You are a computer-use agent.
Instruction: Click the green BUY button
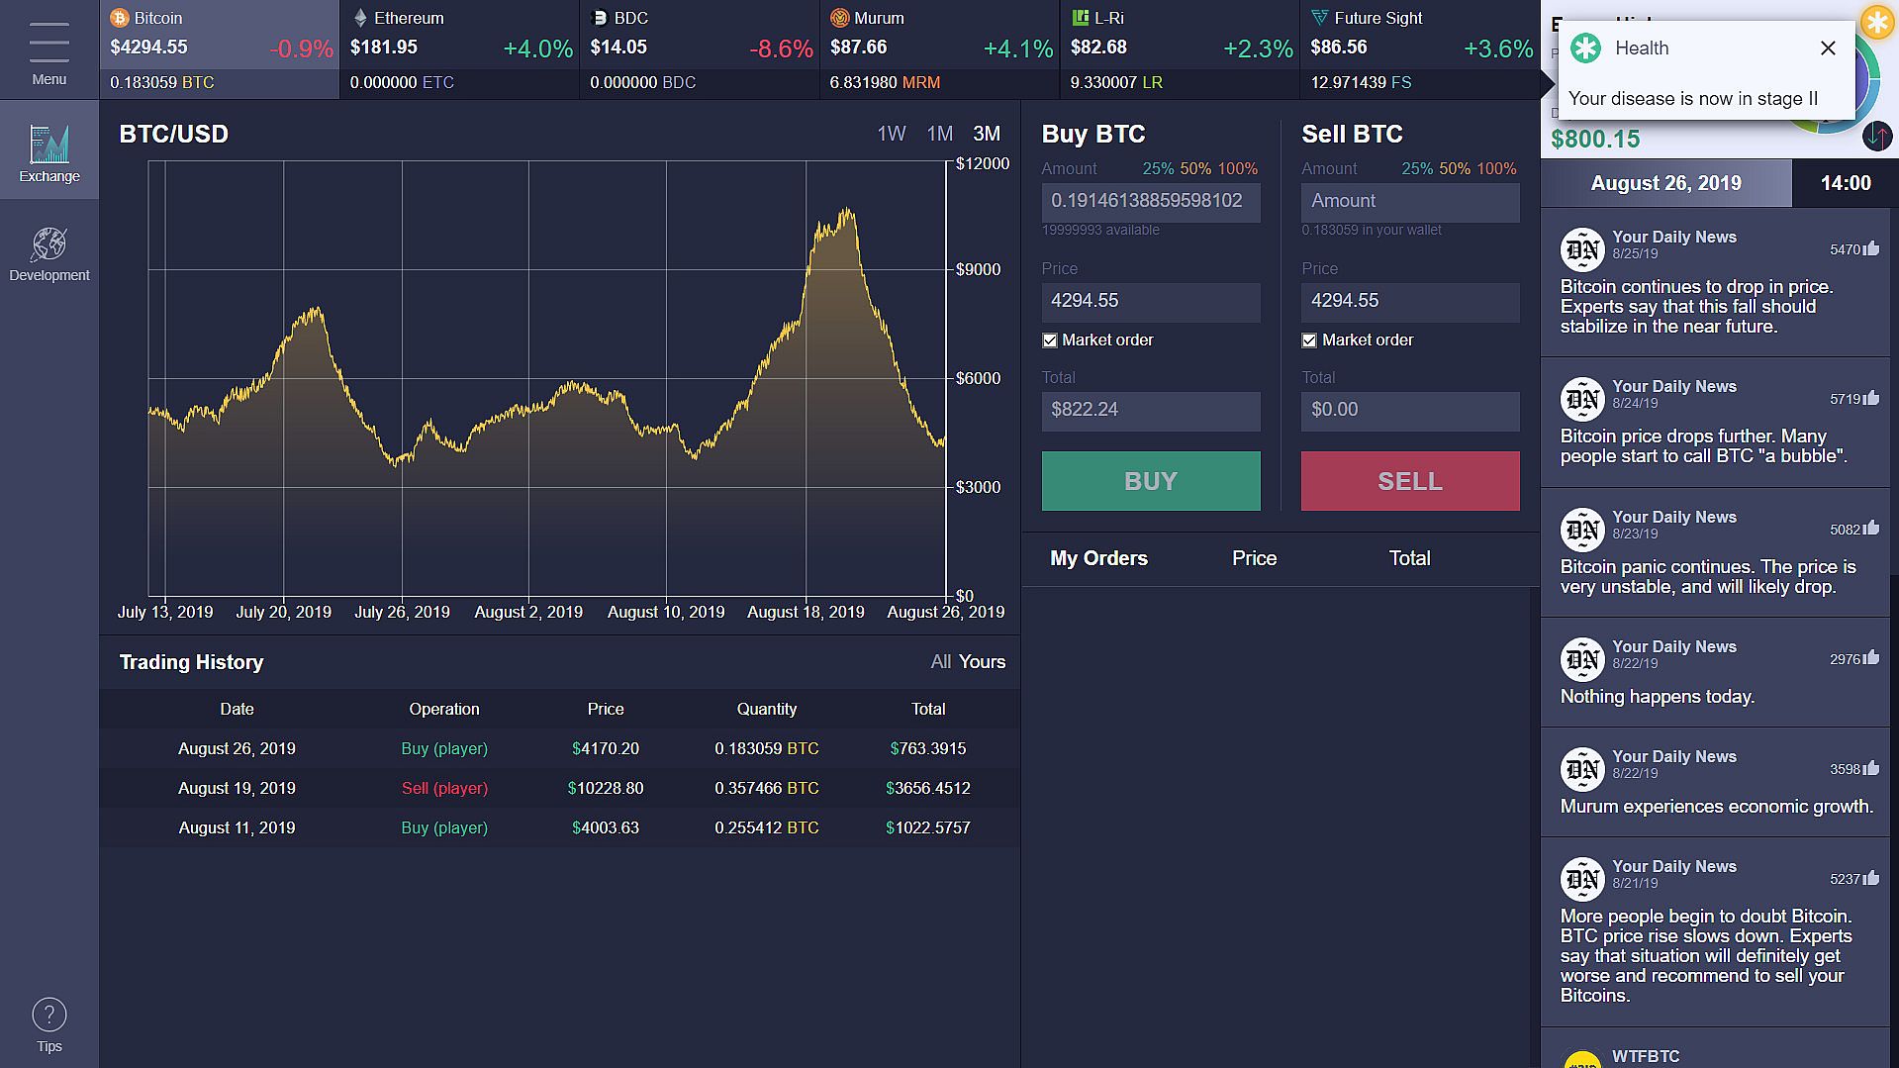1150,481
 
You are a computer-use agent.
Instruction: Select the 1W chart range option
891,134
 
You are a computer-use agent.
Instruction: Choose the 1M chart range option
939,134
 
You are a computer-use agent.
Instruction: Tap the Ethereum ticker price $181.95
384,48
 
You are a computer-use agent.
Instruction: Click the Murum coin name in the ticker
879,18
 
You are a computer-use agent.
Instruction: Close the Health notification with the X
1828,49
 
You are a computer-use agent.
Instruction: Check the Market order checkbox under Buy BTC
1050,340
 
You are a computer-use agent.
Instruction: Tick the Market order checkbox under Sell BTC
1309,340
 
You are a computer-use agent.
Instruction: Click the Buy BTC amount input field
1150,202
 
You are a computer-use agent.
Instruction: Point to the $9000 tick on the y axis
978,269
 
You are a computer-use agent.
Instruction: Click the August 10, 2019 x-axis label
666,612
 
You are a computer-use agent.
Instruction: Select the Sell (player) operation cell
444,788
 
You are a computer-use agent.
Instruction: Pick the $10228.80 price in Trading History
606,788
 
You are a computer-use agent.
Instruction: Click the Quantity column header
766,709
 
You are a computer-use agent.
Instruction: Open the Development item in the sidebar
49,253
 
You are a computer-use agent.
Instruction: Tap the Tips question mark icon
49,1015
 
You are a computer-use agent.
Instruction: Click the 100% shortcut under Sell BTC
1496,168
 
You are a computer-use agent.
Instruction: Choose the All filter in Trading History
940,662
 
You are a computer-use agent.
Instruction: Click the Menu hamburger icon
49,43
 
